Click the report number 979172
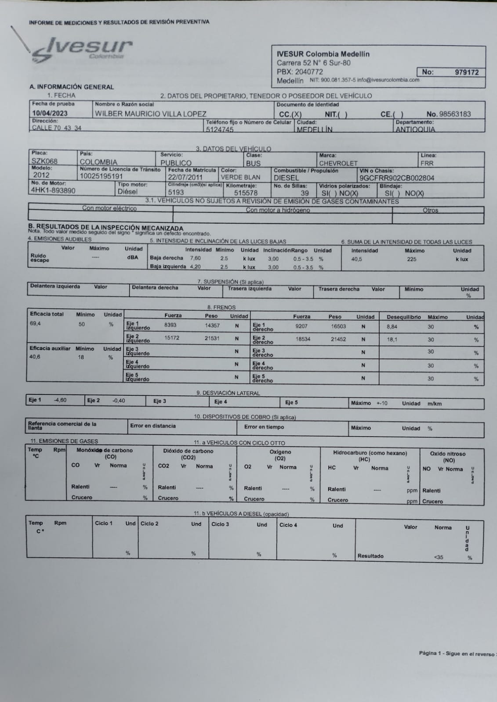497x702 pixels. (x=466, y=72)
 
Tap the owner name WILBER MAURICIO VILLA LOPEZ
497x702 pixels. (x=151, y=114)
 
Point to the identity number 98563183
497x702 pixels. (x=454, y=114)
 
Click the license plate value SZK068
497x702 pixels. (x=44, y=161)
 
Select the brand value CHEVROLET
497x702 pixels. (x=338, y=163)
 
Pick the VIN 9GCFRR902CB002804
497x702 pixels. (x=397, y=178)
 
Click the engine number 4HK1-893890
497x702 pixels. (x=53, y=190)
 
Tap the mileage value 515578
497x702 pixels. (x=246, y=193)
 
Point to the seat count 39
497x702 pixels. (x=305, y=193)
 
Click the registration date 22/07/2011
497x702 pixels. (x=185, y=178)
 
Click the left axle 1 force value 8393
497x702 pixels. (x=170, y=326)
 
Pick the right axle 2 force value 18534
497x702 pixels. (x=303, y=339)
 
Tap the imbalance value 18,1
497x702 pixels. (x=392, y=340)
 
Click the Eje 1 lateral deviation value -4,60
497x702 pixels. (x=60, y=400)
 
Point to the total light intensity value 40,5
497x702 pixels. (x=356, y=259)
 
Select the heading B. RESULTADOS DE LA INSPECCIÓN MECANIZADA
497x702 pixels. (x=105, y=227)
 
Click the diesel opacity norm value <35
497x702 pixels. (x=438, y=557)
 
